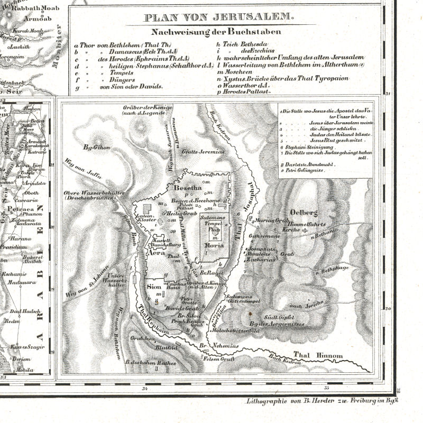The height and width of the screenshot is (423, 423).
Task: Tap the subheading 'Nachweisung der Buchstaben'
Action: tap(216, 31)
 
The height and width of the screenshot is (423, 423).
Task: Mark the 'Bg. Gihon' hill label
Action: tap(95, 149)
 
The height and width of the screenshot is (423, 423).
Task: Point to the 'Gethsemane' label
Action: tap(263, 233)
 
